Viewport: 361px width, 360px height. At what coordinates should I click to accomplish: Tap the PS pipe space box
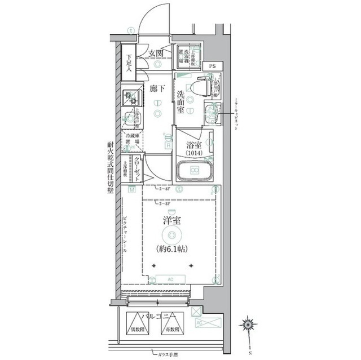click(212, 66)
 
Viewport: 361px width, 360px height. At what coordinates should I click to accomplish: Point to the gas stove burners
click(131, 98)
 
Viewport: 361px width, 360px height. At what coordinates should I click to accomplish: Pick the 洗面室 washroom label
click(180, 101)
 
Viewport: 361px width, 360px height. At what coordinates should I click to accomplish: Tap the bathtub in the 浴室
click(194, 170)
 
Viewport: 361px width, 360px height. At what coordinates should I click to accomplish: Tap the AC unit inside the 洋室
click(170, 278)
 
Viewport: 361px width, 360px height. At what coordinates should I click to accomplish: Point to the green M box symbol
click(131, 190)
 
